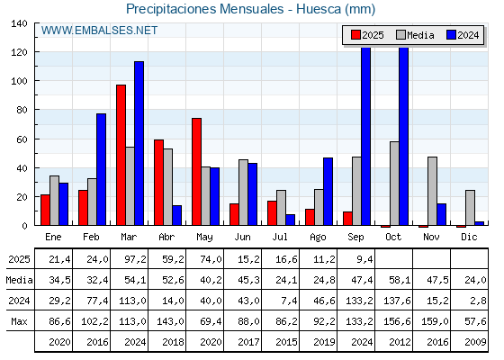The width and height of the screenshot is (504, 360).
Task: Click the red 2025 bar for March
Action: pos(121,155)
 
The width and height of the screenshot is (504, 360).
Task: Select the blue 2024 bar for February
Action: pos(101,169)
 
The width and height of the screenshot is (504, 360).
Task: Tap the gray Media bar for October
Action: pos(394,184)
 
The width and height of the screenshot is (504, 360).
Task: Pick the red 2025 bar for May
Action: pos(197,172)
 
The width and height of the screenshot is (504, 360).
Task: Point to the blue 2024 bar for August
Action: pos(328,192)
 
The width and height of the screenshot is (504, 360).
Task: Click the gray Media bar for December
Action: pos(470,208)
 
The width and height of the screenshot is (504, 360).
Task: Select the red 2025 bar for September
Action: pos(347,219)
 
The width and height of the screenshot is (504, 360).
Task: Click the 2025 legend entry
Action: pos(367,35)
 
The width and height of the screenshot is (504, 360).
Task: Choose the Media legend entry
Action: pos(415,35)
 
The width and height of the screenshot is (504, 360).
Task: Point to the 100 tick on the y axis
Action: pos(20,81)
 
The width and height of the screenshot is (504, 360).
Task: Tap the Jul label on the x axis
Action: pos(280,237)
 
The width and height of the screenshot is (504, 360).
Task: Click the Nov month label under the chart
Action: pos(431,237)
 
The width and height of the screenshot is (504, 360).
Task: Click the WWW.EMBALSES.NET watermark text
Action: pos(99,31)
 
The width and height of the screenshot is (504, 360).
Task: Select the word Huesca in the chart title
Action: pos(319,9)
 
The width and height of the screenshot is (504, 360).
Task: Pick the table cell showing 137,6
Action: pos(397,301)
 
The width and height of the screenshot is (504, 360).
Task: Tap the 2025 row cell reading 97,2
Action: pos(135,259)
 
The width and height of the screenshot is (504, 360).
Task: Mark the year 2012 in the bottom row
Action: pos(400,342)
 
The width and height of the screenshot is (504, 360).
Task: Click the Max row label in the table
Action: pos(19,321)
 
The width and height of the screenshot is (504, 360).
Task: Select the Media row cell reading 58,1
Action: pos(400,280)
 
